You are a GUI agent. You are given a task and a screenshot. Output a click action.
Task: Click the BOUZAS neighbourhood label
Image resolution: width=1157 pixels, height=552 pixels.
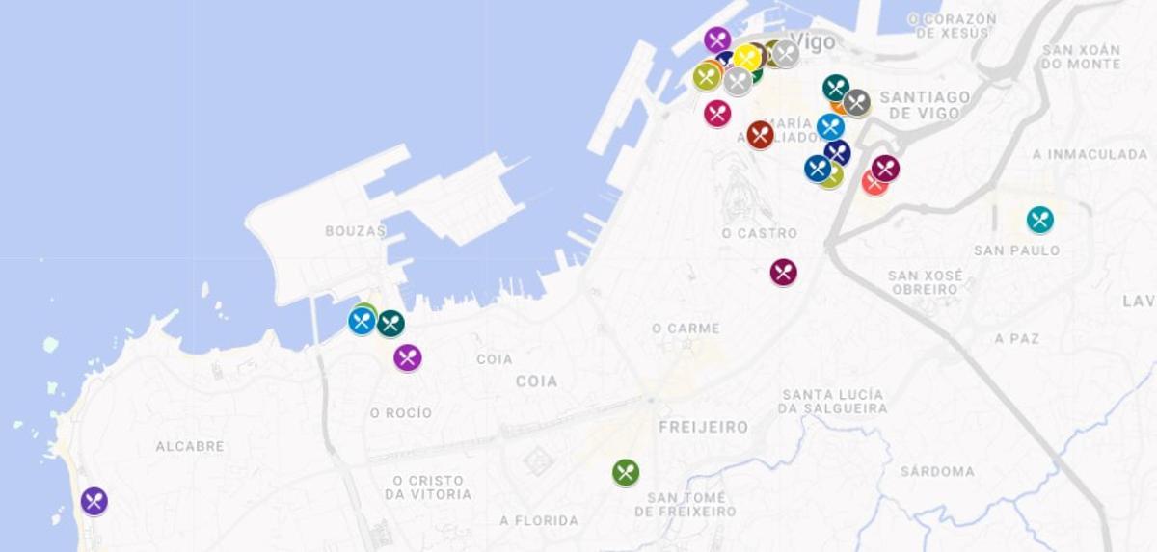[356, 231]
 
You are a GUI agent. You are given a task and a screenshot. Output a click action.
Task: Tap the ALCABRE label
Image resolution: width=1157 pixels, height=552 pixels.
[190, 446]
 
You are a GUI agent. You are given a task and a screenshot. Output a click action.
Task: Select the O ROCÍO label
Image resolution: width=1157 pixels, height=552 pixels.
[401, 412]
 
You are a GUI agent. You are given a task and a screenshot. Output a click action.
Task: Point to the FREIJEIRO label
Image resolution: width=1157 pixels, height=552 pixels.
[704, 427]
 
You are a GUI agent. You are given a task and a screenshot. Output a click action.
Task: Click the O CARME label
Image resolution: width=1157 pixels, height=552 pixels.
[686, 329]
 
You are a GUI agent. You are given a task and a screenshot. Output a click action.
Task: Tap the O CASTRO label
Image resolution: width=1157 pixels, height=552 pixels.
[760, 233]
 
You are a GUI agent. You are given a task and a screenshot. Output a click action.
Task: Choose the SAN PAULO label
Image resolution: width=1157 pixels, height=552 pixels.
[1016, 250]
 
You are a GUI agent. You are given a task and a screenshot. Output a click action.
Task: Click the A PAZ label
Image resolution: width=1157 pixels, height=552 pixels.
[1017, 338]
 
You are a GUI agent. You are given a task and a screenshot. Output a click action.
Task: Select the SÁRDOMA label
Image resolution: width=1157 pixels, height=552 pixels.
[937, 471]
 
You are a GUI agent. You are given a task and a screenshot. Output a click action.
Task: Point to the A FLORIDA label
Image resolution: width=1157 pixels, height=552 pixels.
[539, 520]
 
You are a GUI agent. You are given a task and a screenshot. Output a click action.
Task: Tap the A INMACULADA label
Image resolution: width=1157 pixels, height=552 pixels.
[1090, 154]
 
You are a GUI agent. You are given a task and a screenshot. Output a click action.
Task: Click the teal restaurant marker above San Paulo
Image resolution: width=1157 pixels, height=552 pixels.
[1039, 220]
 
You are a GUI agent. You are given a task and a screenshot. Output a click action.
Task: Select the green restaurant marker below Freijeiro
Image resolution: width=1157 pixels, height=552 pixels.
[626, 472]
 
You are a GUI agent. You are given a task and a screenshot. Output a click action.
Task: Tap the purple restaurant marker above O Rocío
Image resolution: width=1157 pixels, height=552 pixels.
[408, 357]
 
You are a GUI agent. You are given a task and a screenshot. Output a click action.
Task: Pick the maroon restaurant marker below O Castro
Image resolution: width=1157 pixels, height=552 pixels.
[784, 273]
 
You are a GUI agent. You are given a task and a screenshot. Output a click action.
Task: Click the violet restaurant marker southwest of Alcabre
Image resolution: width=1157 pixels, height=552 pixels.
[94, 501]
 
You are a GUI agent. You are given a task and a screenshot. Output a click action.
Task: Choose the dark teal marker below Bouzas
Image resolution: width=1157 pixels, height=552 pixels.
[390, 324]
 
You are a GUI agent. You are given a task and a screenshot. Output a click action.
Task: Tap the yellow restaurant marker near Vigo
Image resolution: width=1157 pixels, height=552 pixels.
[746, 58]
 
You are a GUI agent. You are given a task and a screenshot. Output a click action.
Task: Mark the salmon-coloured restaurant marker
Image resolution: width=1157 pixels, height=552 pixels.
[873, 183]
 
